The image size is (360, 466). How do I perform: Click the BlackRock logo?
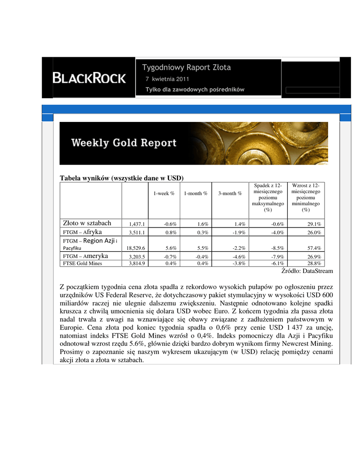pos(89,78)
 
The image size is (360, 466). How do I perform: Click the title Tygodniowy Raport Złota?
pos(187,67)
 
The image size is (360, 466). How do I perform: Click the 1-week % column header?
pos(164,193)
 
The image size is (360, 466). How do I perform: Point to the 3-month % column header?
pos(230,193)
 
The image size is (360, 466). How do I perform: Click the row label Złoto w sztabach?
pos(87,223)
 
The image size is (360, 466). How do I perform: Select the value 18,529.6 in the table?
pos(135,248)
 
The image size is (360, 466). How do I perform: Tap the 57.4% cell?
pos(313,248)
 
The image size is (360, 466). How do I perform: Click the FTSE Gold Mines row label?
pos(82,263)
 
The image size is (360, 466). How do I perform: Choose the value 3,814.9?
pos(137,263)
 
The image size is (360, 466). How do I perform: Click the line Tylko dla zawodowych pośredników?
pos(195,90)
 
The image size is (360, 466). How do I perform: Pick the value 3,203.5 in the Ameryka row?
pos(137,257)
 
